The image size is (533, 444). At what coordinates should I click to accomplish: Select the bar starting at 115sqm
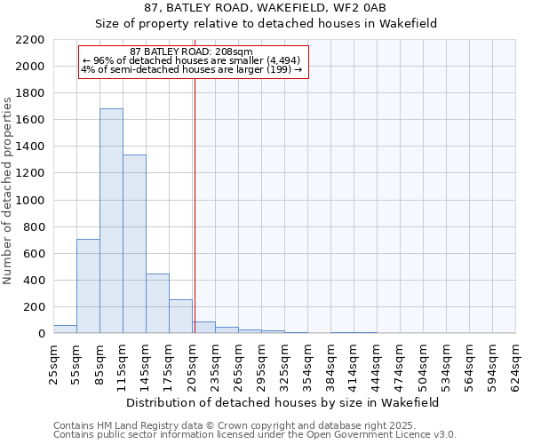(134, 244)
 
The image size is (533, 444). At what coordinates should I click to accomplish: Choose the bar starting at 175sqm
(180, 316)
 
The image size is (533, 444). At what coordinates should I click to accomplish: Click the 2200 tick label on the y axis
(30, 40)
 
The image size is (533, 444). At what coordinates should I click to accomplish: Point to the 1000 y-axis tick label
(30, 201)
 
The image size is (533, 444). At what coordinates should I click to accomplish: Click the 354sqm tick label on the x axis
(308, 365)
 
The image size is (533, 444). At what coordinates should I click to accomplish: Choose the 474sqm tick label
(401, 365)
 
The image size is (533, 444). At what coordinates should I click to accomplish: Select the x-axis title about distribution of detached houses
(282, 402)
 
